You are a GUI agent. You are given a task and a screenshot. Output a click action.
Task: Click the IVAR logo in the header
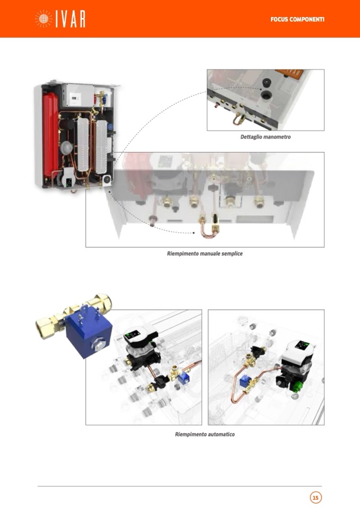[60, 19]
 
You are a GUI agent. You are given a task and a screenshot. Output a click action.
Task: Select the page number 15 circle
[315, 497]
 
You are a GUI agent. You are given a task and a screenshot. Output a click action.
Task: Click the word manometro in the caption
[278, 137]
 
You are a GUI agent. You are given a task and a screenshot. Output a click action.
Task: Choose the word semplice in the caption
[232, 254]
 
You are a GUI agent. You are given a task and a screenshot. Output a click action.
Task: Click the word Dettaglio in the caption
[252, 137]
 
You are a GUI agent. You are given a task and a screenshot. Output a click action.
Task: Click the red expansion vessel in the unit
[50, 133]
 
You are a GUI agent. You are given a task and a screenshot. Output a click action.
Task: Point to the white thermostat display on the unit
[75, 97]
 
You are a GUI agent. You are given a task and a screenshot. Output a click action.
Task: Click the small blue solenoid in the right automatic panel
[244, 382]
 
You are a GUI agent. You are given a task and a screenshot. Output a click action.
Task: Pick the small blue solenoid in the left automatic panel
[184, 378]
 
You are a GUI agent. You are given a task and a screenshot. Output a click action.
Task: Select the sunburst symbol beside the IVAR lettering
[43, 19]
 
